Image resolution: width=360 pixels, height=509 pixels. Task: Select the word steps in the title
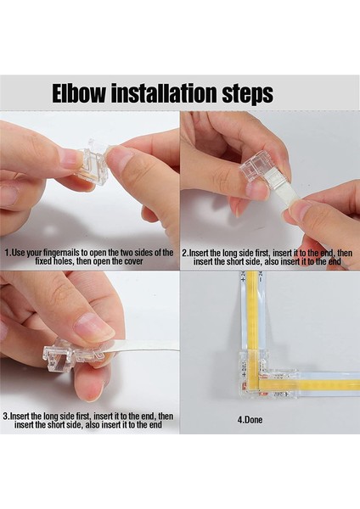click(248, 94)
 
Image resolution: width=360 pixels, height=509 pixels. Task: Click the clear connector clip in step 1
click(92, 161)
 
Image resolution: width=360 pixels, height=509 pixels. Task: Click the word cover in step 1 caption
click(133, 261)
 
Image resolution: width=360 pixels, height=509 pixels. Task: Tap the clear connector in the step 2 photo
click(254, 173)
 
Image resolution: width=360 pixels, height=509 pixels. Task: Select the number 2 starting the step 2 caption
click(184, 253)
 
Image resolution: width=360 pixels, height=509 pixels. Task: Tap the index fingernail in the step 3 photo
click(93, 327)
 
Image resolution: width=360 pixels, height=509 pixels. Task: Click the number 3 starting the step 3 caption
click(5, 416)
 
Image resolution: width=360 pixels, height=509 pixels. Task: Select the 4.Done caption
click(250, 420)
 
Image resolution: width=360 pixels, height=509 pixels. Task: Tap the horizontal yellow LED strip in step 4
click(309, 385)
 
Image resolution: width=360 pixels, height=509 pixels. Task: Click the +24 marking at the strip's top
click(242, 276)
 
